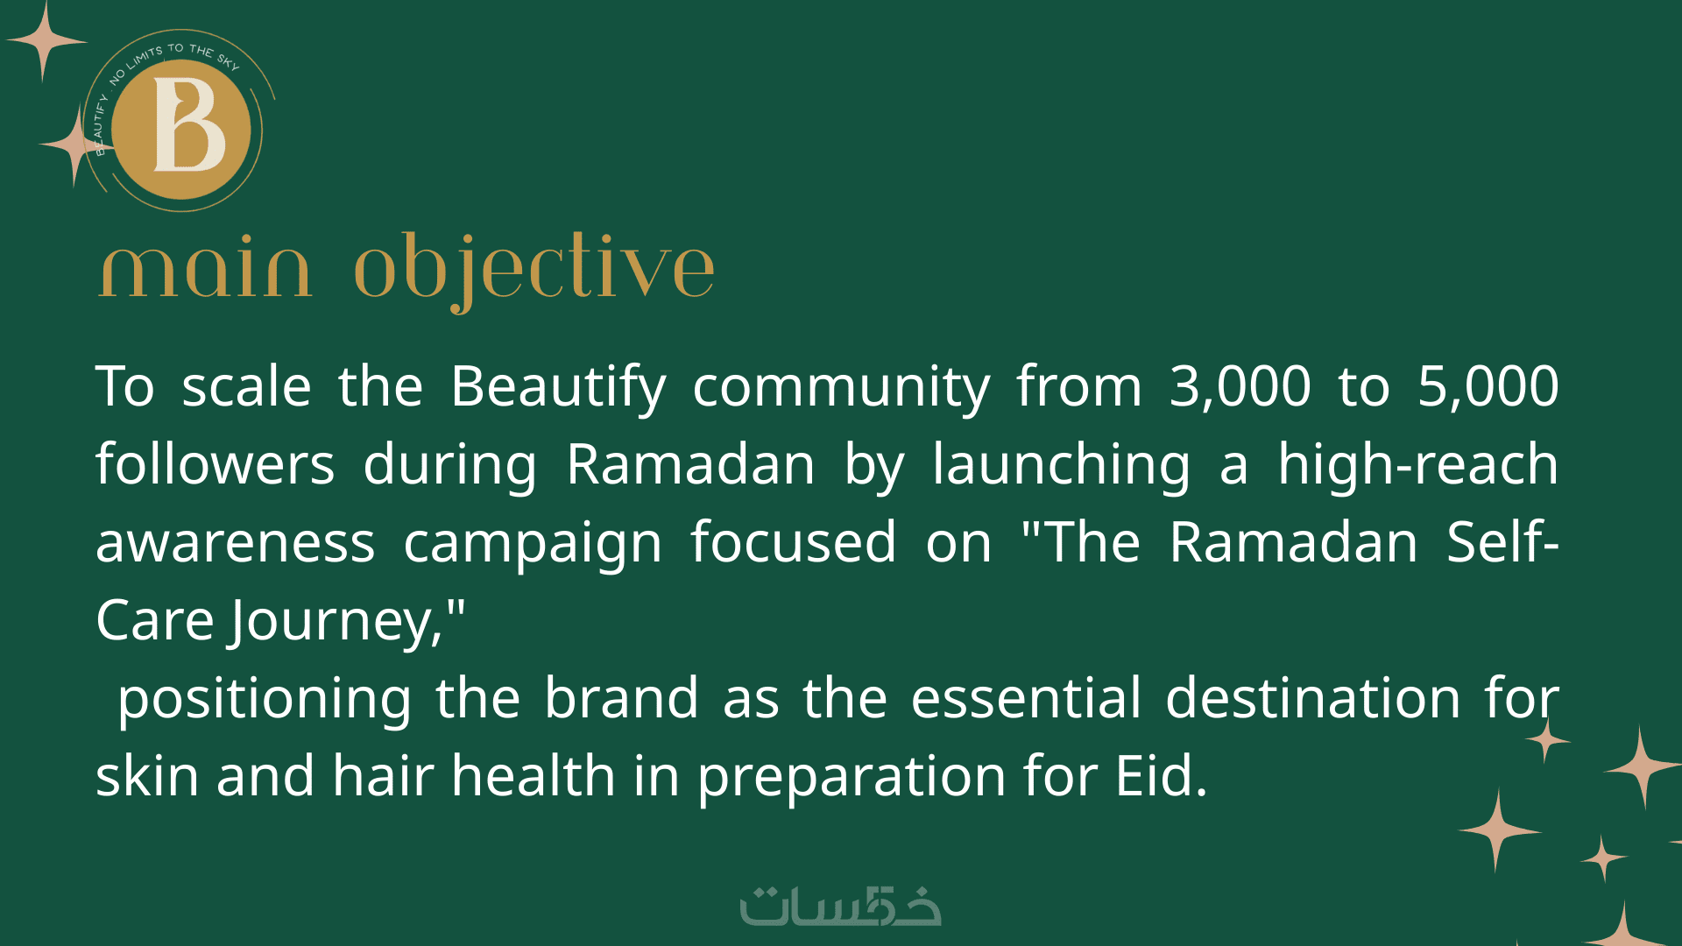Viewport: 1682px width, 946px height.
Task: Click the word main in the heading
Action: tap(205, 270)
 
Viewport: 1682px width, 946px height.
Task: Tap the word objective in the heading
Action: tap(534, 272)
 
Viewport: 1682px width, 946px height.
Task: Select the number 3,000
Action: tap(1240, 386)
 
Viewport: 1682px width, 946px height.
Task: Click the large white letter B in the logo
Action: tap(189, 124)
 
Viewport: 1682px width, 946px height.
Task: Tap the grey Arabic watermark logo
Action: tap(840, 906)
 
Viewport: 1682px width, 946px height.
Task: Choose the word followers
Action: tap(215, 463)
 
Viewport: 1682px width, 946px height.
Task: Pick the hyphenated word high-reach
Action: tap(1418, 463)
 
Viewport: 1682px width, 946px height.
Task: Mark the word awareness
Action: tap(236, 542)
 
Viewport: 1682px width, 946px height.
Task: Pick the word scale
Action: tap(246, 386)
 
